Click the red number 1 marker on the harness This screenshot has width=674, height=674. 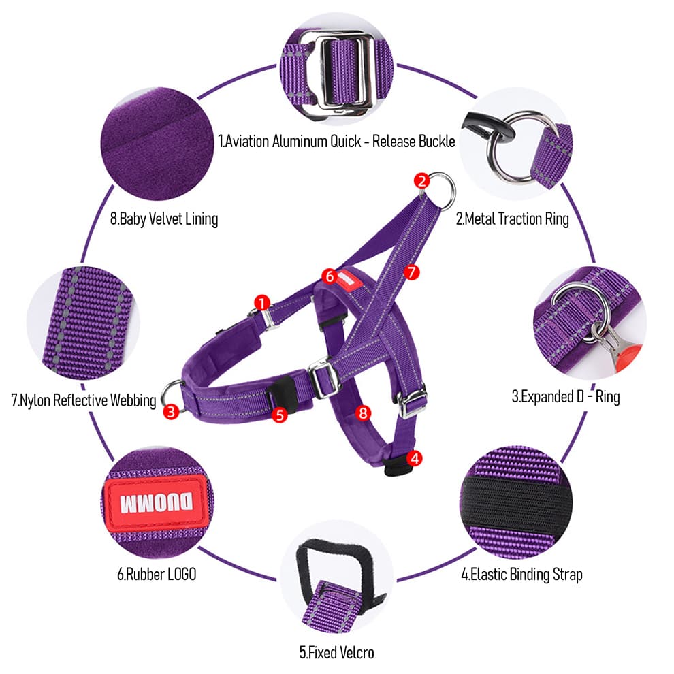coord(262,302)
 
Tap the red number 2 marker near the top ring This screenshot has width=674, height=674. coord(421,180)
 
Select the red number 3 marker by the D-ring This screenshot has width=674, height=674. coord(171,411)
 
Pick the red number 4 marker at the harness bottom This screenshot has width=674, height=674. coord(415,458)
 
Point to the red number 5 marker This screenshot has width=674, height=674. coord(279,415)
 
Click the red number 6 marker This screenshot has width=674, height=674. coord(330,276)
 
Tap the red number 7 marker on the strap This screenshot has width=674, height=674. coord(411,272)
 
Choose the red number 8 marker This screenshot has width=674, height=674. coord(364,413)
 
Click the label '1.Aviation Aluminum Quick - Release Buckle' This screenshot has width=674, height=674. coord(336,142)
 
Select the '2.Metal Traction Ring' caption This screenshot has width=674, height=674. coord(513,219)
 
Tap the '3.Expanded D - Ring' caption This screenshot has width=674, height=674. coord(566,396)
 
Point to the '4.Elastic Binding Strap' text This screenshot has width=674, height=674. coord(521,575)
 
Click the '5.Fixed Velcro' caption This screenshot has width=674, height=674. coord(336,652)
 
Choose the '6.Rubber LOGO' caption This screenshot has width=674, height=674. coord(157,575)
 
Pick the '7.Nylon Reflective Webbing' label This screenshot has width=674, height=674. coord(83,400)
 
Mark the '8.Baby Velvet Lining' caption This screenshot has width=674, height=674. coord(164,219)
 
